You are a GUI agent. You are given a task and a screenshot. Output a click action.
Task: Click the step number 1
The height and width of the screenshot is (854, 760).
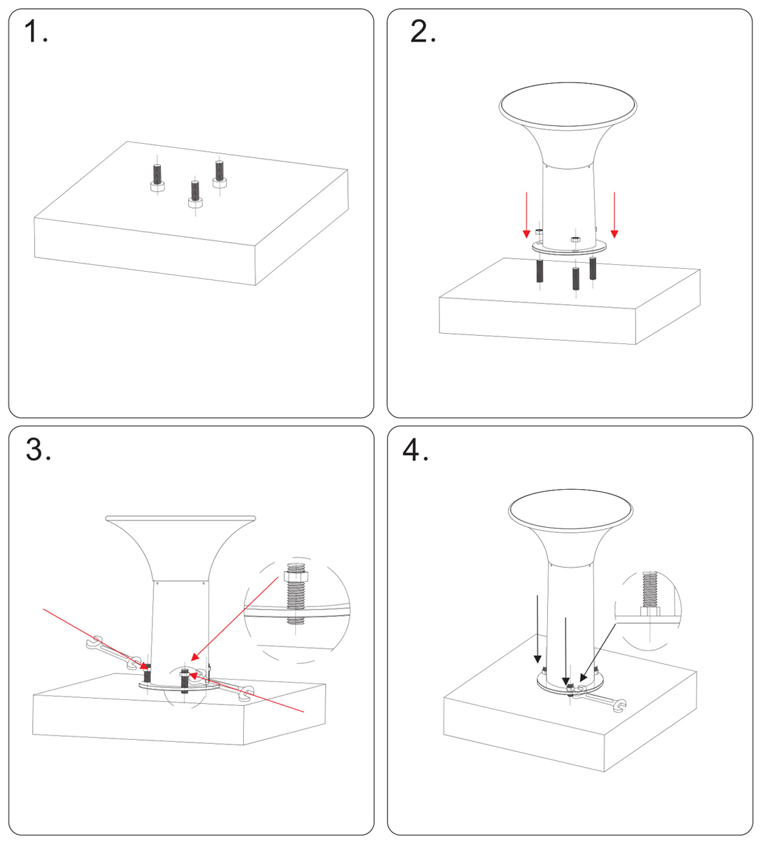click(35, 32)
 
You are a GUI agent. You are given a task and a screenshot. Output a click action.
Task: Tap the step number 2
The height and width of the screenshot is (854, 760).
click(422, 32)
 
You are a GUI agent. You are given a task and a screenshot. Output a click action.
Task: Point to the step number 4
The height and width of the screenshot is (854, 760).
click(415, 450)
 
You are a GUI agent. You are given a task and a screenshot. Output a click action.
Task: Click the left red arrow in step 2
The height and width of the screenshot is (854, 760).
click(526, 215)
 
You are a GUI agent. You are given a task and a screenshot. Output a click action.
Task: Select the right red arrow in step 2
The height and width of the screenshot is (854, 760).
click(614, 215)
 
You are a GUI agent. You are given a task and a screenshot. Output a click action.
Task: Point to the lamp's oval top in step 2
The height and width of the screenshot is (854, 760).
click(567, 105)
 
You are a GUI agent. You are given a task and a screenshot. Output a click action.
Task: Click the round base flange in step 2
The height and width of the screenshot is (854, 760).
click(570, 248)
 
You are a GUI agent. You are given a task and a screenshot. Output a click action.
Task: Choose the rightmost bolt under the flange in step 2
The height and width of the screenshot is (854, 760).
click(593, 268)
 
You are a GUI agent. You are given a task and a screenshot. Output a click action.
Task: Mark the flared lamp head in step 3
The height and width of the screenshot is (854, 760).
click(180, 545)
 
